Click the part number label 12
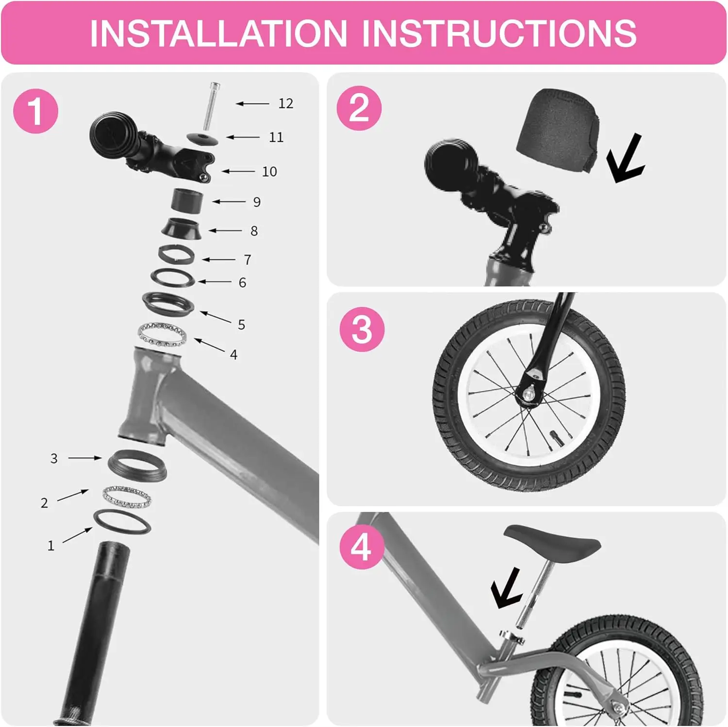[x=285, y=103]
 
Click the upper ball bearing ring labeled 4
[x=163, y=334]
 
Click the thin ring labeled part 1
[x=122, y=521]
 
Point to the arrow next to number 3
[x=84, y=458]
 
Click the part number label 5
[x=241, y=325]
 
